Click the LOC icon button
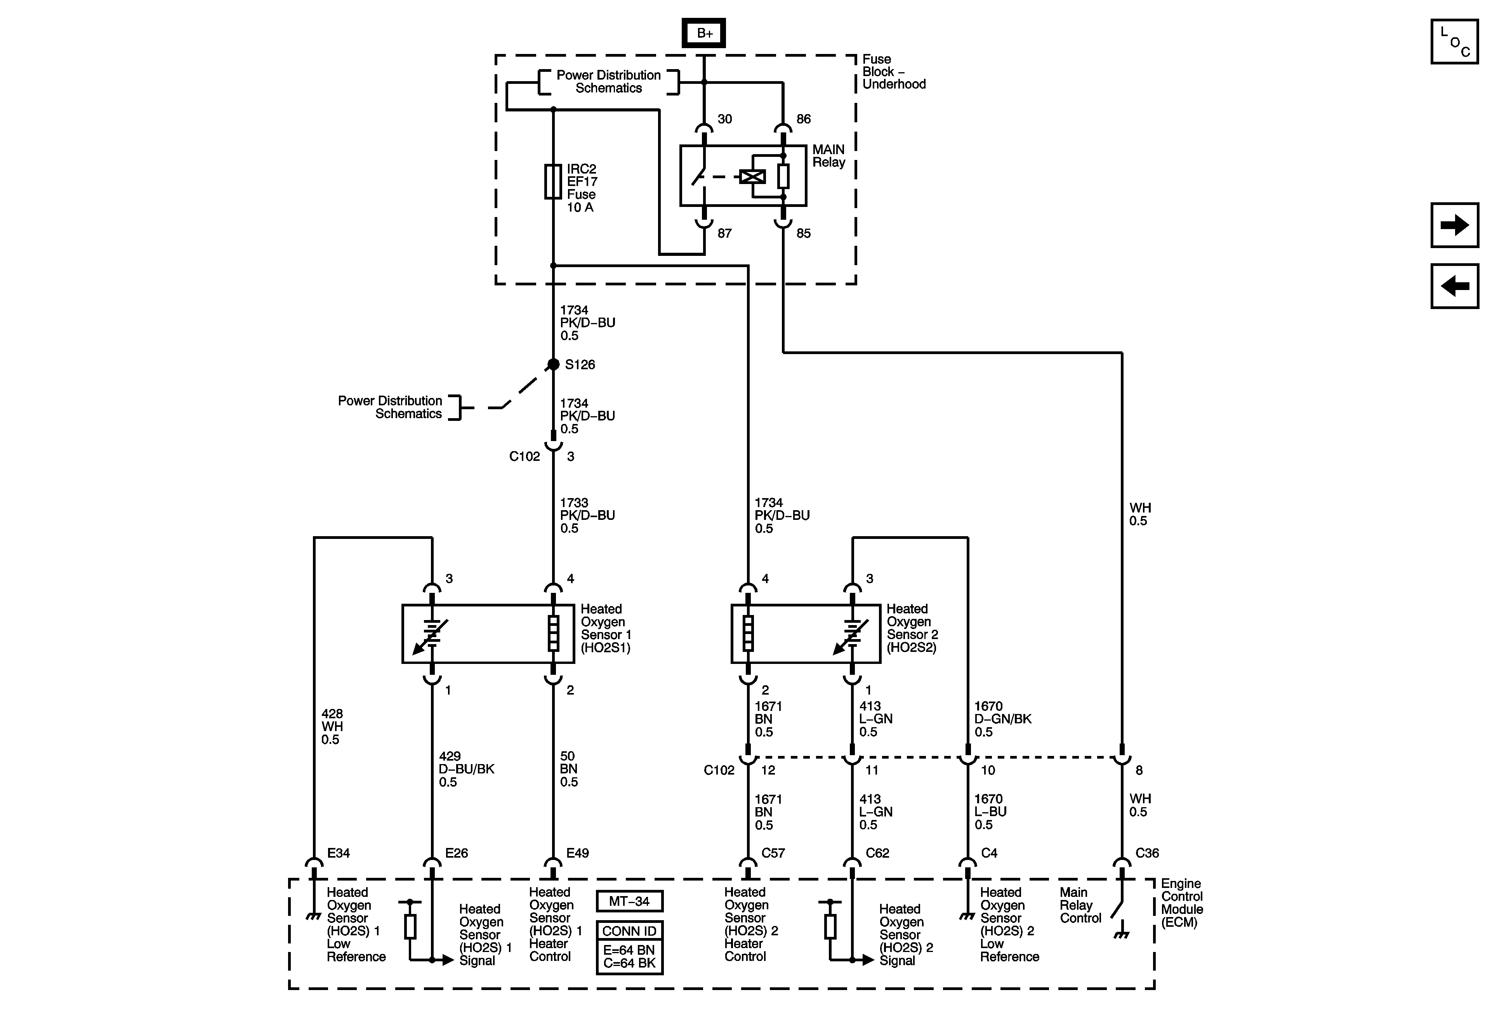1454,42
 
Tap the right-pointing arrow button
1454,225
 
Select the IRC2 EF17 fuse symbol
553,181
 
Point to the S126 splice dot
553,364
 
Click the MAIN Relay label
828,156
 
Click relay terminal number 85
803,233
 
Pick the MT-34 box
629,901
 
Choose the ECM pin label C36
1147,853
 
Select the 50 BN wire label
568,769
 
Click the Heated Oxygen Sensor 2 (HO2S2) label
911,628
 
